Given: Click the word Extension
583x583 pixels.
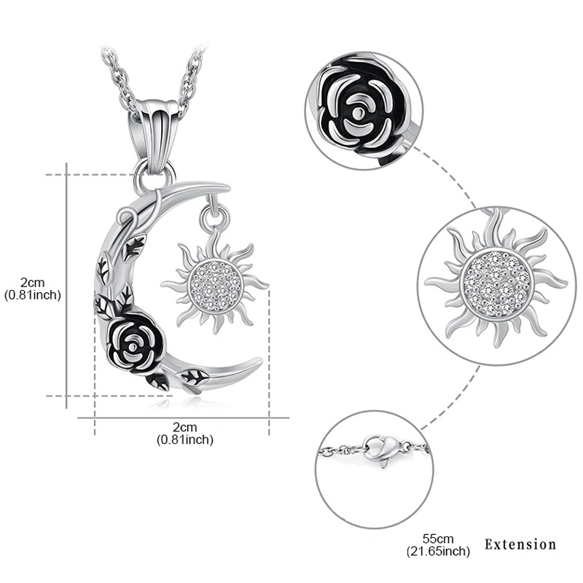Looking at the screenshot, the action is coord(520,544).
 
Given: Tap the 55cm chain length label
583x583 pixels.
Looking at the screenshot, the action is coord(438,539).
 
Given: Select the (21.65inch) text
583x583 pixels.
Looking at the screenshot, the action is coord(439,551).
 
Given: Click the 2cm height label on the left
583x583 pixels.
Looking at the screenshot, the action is coord(33,283).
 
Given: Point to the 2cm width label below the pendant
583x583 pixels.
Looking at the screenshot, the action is coord(185,427).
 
